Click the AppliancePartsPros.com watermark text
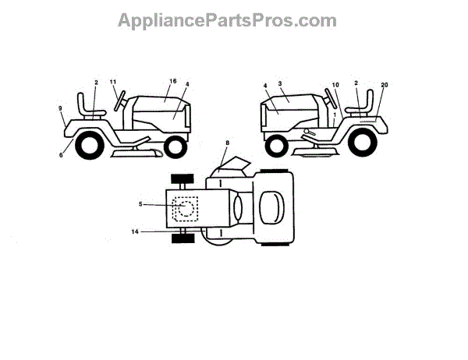[x=227, y=20]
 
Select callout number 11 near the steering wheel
[x=112, y=81]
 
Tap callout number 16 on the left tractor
[x=173, y=81]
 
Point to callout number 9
[x=60, y=109]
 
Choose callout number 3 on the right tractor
[x=279, y=82]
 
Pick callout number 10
[x=335, y=84]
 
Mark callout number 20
[x=384, y=84]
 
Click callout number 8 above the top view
[x=227, y=143]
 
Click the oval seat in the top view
[x=270, y=209]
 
